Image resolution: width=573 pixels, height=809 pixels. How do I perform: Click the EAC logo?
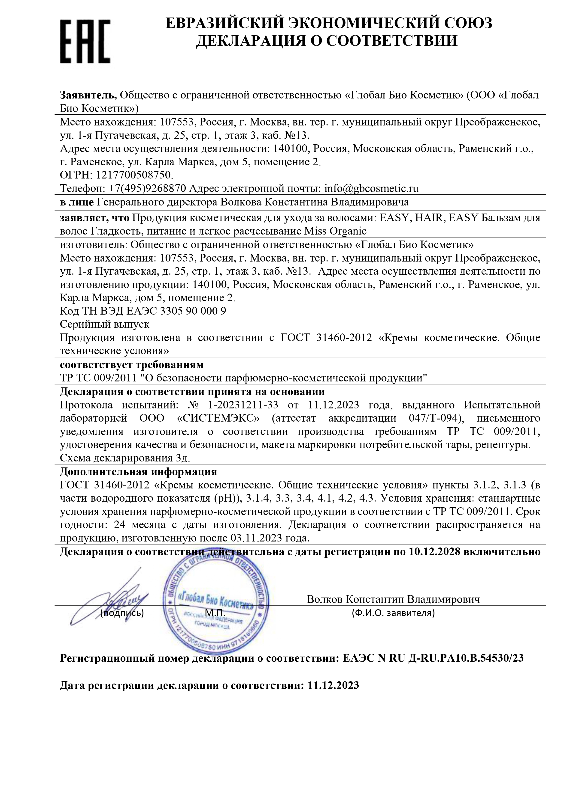tap(85, 41)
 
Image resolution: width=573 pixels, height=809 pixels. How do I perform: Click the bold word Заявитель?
tap(88, 95)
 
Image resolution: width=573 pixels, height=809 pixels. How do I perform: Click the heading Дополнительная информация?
tap(138, 471)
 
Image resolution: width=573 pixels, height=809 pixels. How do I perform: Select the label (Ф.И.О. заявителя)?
tap(393, 613)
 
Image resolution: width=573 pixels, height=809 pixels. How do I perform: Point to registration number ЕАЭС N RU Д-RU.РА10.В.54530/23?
tap(433, 658)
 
